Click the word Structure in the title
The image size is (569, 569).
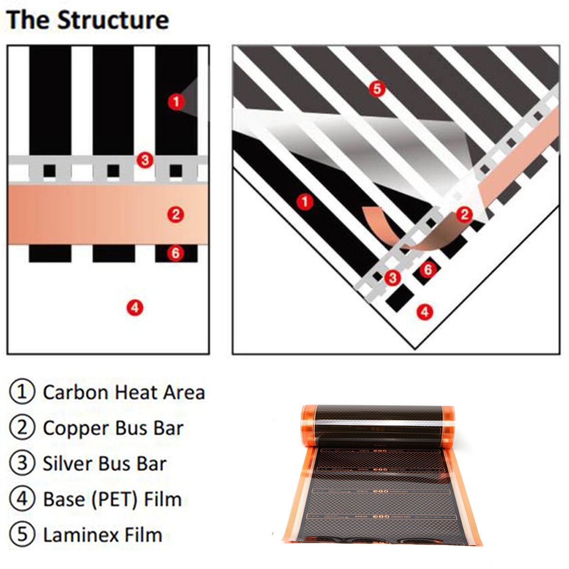pos(113,20)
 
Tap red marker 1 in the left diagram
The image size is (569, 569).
pos(176,101)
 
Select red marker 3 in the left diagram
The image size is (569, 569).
pos(145,160)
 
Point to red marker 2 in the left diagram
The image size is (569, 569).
pos(175,215)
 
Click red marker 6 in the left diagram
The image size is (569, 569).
pos(175,253)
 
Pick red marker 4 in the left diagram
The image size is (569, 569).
pos(135,308)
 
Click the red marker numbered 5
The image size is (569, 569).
pos(377,89)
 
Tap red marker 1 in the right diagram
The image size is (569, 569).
pos(304,202)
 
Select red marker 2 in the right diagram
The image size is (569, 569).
pos(464,214)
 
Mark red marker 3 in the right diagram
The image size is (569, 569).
pos(392,277)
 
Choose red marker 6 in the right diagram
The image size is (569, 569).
pos(428,269)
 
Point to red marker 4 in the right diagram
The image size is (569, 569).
pos(424,312)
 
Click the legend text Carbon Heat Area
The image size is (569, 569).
pos(124,393)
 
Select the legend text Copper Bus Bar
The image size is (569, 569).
pos(113,428)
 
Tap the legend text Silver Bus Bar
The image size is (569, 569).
pos(104,464)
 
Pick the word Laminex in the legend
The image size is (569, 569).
pos(73,535)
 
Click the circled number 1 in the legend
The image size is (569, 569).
pos(22,392)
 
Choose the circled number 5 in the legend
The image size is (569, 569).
pos(22,534)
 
